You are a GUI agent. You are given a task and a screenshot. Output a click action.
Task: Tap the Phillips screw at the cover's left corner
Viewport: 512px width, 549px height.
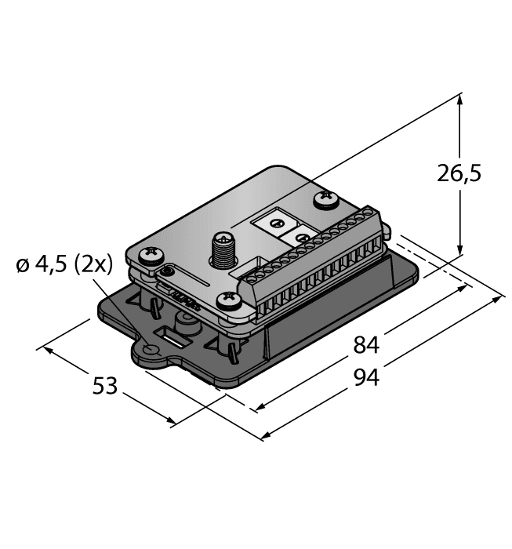[148, 254]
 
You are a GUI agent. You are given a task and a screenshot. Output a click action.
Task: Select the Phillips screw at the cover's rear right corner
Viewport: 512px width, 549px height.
[325, 201]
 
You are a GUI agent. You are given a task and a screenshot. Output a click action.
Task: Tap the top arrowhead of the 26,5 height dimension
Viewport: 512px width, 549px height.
[460, 100]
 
